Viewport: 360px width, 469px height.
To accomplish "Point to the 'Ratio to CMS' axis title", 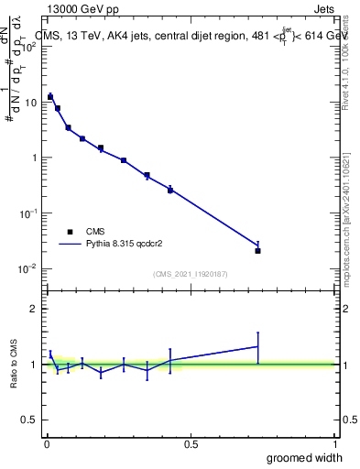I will pyautogui.click(x=16, y=364).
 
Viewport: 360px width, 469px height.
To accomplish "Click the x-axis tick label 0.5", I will pyautogui.click(x=190, y=443).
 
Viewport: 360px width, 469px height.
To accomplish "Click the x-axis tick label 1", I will pyautogui.click(x=333, y=443).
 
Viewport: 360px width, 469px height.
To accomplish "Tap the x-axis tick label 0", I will pyautogui.click(x=47, y=443).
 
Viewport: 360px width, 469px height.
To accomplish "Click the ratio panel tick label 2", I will pyautogui.click(x=34, y=309).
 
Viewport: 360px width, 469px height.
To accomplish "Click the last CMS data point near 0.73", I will pyautogui.click(x=258, y=250).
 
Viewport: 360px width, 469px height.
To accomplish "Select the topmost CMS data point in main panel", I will pyautogui.click(x=50, y=96).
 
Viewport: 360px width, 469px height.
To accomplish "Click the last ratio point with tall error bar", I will pyautogui.click(x=258, y=346).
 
